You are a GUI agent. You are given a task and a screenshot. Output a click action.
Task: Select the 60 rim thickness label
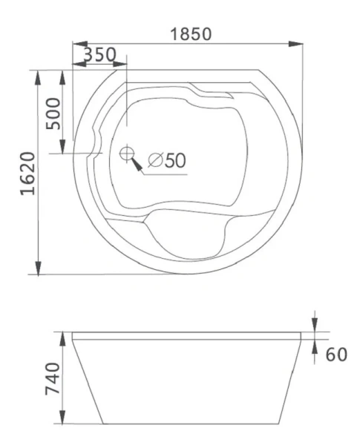coord(336,355)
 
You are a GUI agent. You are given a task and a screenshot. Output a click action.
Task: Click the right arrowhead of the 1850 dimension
coord(298,44)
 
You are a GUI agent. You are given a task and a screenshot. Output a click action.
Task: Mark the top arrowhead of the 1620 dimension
coord(38,75)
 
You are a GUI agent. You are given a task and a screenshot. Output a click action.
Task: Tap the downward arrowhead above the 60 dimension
coord(315,326)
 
